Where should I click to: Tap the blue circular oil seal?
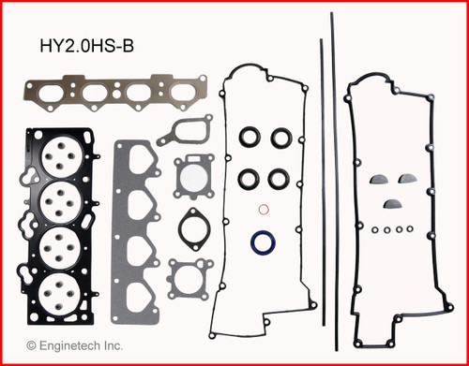[265, 243]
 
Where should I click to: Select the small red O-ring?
[265, 209]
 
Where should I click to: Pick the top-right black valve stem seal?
[280, 139]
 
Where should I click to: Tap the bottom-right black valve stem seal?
[280, 176]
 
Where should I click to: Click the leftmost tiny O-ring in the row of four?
[374, 227]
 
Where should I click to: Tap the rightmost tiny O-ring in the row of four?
[409, 227]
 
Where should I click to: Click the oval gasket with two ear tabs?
[193, 228]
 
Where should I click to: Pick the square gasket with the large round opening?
[194, 175]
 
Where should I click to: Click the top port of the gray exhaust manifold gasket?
[138, 170]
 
